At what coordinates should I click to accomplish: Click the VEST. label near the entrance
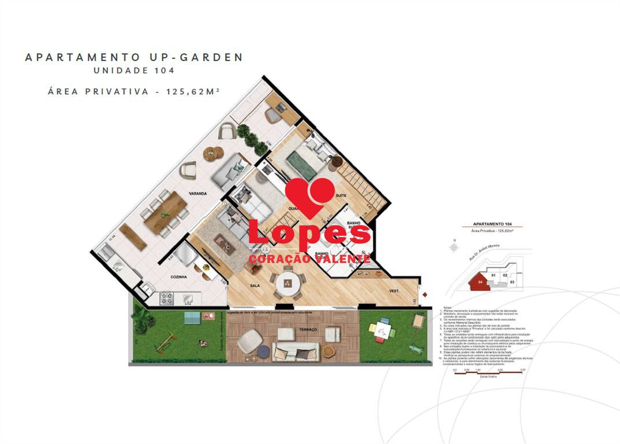coord(395,291)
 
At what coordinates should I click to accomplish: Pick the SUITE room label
coord(341,195)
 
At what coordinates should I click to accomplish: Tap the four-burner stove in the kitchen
coord(167,298)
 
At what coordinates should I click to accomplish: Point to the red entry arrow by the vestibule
coord(425,295)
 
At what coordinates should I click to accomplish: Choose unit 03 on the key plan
coord(513,282)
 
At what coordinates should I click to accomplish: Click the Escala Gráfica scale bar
coord(489,372)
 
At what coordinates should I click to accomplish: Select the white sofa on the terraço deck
coord(295,351)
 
